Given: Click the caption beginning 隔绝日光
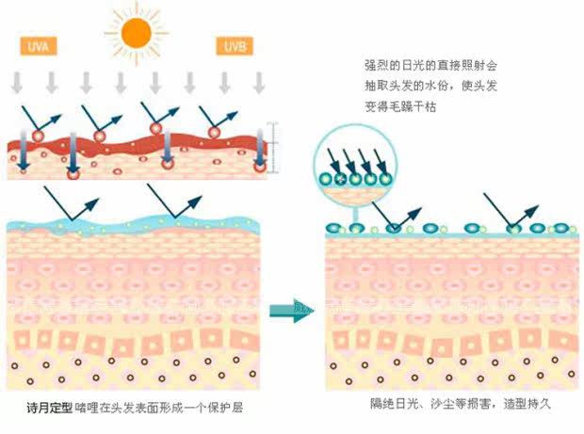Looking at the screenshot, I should point(461,404).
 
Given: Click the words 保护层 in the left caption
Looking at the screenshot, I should point(232,409).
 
